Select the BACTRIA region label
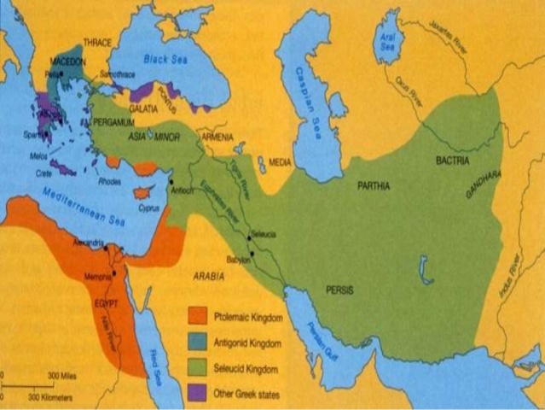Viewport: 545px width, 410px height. [452, 160]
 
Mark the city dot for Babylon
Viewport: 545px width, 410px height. [252, 255]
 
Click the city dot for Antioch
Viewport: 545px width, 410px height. [171, 182]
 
